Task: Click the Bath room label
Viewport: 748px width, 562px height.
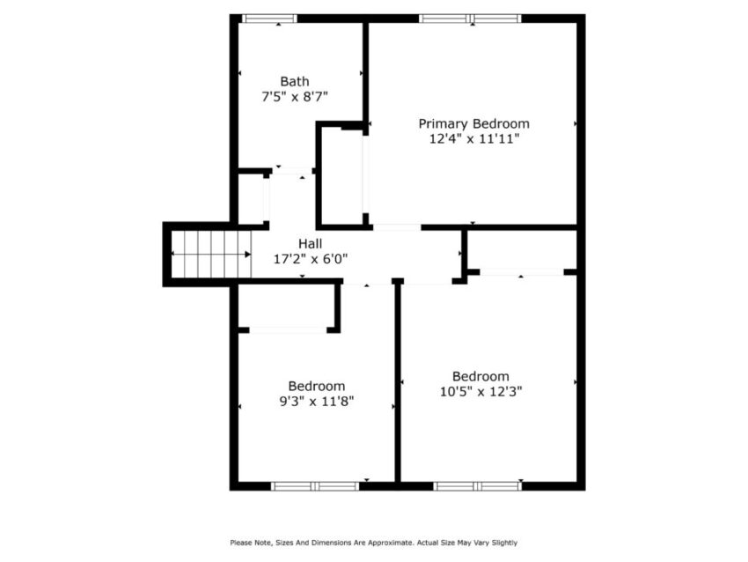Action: click(294, 81)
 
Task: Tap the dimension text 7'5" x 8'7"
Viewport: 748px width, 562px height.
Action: click(294, 98)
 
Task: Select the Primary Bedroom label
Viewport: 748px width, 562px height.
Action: click(473, 123)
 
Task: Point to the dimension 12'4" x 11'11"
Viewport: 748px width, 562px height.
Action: click(473, 138)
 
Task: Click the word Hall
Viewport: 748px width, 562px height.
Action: click(310, 243)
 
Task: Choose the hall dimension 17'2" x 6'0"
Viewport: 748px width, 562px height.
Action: click(310, 259)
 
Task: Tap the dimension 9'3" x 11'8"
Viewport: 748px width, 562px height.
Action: click(316, 402)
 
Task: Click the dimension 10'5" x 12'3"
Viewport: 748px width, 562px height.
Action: click(480, 392)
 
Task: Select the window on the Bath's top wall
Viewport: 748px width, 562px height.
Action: click(269, 18)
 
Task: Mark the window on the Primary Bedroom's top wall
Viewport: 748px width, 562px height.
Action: click(470, 18)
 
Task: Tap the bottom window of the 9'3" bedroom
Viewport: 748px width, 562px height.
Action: click(314, 485)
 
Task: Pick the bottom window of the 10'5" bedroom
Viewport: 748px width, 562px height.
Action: click(478, 485)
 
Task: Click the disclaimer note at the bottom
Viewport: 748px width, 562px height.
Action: click(373, 543)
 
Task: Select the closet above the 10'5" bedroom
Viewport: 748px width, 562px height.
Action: click(520, 249)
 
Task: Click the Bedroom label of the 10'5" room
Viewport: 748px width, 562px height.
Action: click(480, 376)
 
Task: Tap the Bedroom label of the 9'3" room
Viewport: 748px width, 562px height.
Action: click(316, 386)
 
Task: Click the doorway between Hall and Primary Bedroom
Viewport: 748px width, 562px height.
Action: click(396, 227)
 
